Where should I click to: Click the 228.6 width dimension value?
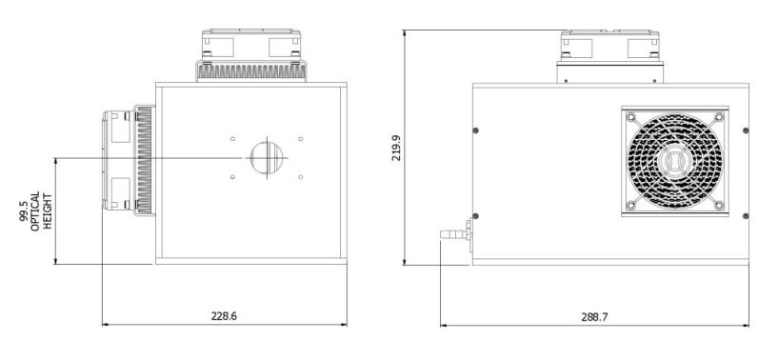(x=224, y=316)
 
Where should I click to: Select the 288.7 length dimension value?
(x=594, y=317)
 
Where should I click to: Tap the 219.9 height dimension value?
(x=396, y=148)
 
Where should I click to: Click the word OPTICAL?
(x=35, y=211)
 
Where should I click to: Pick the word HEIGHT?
(x=48, y=211)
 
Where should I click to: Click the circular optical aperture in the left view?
(x=267, y=158)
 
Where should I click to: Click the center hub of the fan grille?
(x=675, y=161)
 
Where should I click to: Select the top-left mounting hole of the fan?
(x=631, y=118)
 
